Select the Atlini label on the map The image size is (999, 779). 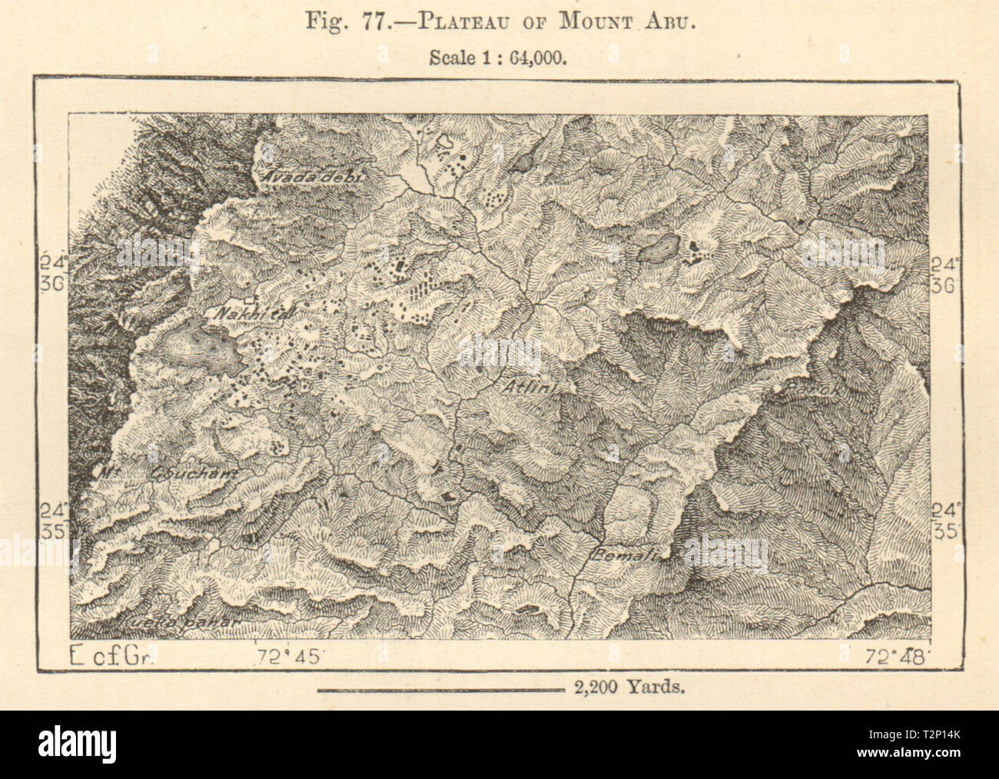[528, 388]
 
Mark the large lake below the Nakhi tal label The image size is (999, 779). [197, 351]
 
